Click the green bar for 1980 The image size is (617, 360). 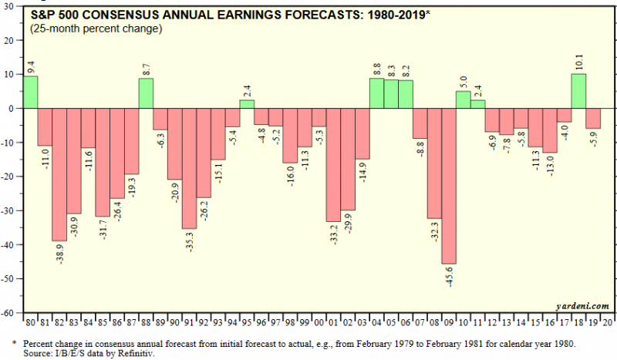[x=30, y=93]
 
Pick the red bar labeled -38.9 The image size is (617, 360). [x=59, y=174]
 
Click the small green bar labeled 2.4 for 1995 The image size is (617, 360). [x=247, y=104]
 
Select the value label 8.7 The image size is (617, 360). [x=146, y=68]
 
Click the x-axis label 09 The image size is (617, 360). [x=450, y=321]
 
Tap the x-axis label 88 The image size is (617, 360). [x=146, y=321]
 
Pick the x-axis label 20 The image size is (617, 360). [x=609, y=321]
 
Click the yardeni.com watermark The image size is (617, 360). [x=579, y=306]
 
